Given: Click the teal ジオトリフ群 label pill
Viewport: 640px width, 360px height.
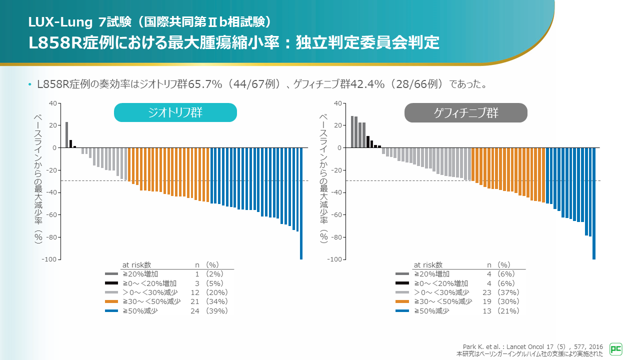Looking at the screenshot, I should click(175, 112).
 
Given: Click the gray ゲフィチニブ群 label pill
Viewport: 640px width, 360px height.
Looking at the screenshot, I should click(465, 112).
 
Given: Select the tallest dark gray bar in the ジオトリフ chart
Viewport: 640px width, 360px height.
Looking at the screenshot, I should click(66, 135).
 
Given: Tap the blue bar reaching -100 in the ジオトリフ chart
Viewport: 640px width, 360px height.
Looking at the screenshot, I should click(301, 203).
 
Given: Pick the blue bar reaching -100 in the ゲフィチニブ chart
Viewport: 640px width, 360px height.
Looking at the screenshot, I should click(594, 203).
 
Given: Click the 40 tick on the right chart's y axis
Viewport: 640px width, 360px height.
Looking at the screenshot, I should click(338, 103).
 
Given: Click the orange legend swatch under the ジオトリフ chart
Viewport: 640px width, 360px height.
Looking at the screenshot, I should click(111, 301).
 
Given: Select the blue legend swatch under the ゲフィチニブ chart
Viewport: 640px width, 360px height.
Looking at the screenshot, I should click(402, 311).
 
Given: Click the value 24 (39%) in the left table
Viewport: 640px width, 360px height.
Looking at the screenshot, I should click(209, 311).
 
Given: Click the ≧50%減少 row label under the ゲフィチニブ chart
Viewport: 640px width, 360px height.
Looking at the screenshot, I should click(431, 311).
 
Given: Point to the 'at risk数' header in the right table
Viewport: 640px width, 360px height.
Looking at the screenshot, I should click(428, 265).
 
